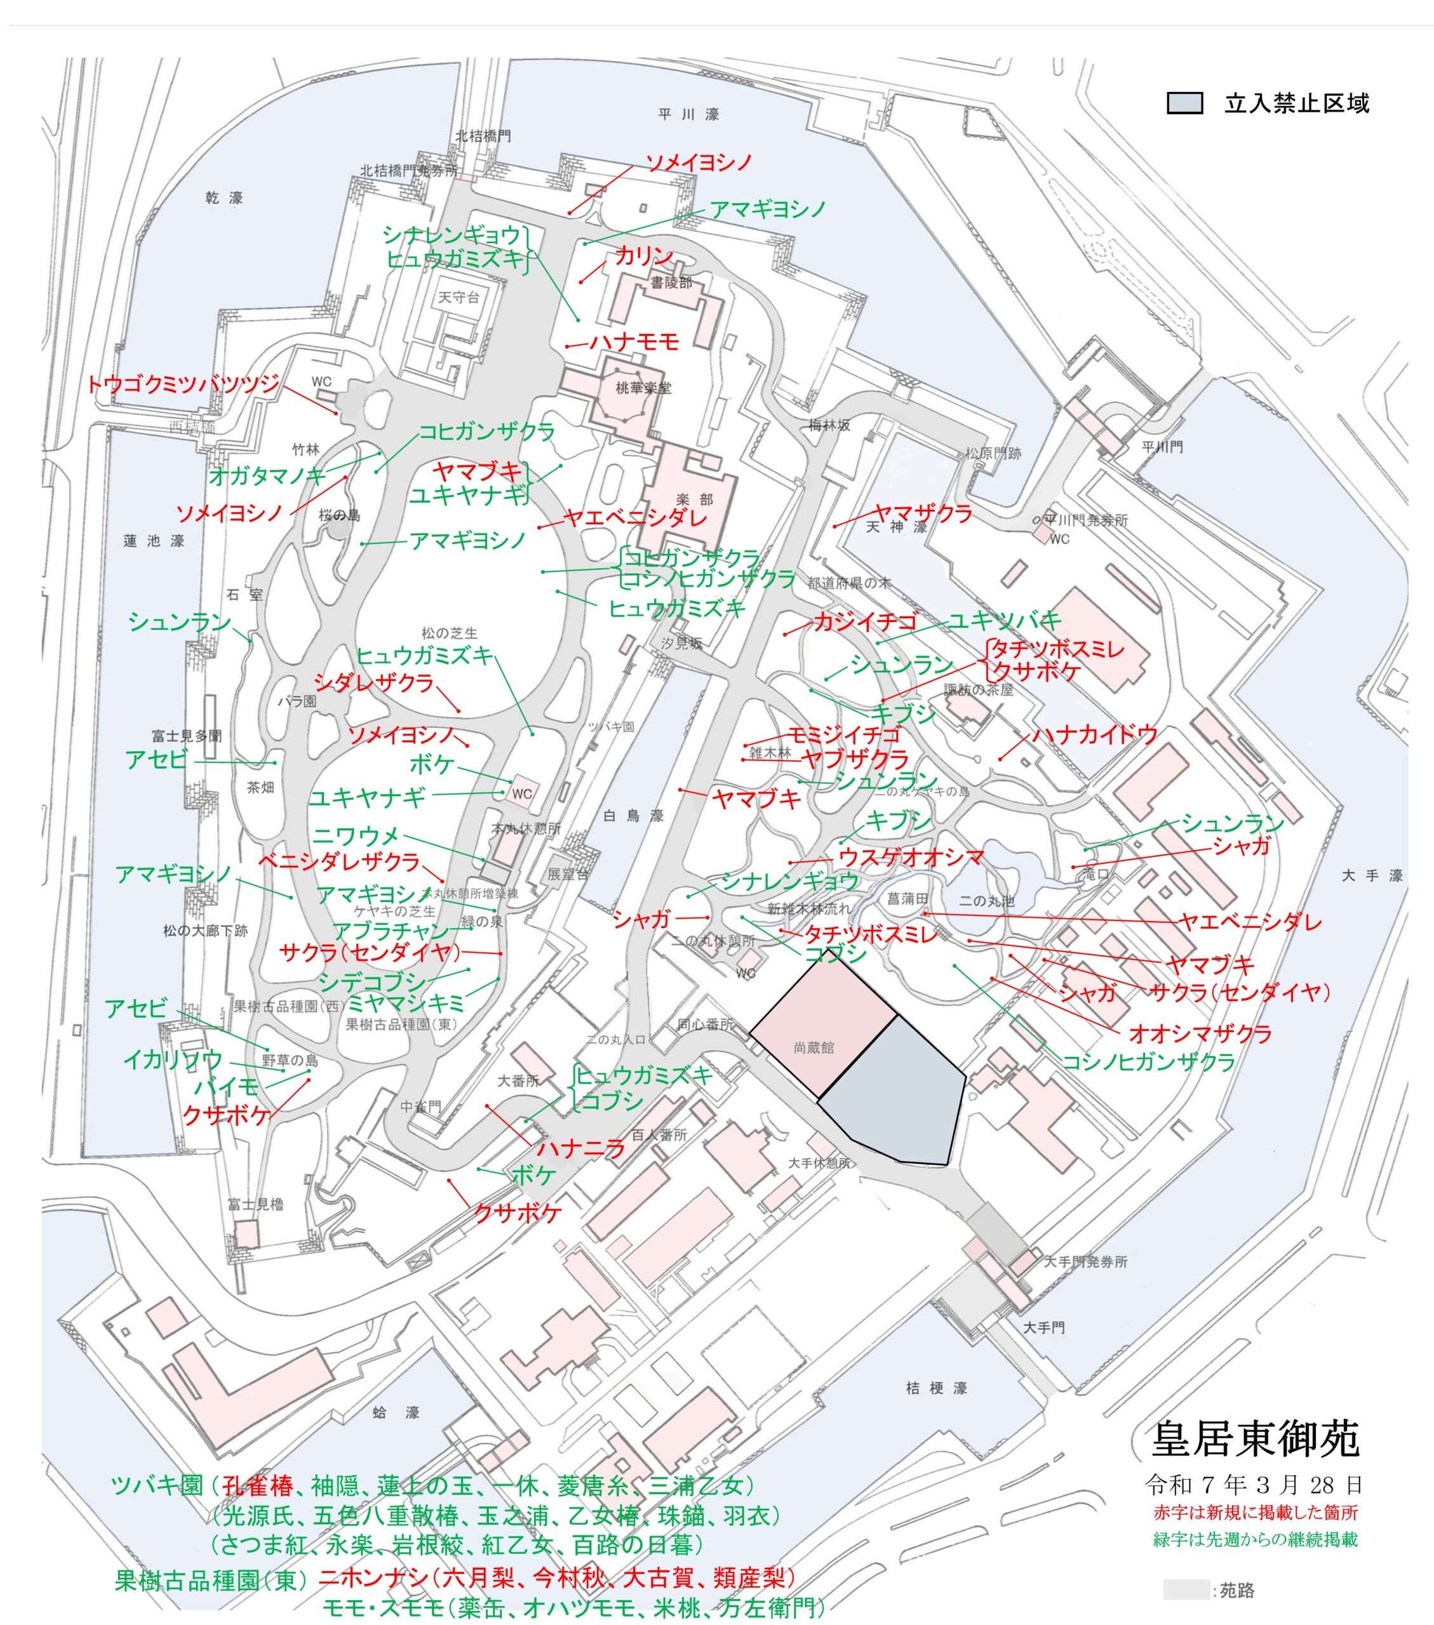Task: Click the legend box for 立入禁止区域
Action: click(x=1184, y=103)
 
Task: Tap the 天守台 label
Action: click(x=459, y=297)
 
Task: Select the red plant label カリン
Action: click(x=643, y=256)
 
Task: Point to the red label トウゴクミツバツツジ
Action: click(x=183, y=385)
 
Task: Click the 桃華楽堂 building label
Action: click(x=643, y=388)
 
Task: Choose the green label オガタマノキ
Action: click(x=267, y=476)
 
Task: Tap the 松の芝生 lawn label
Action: click(x=450, y=633)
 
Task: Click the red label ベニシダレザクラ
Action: click(x=339, y=861)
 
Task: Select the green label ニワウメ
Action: click(x=356, y=837)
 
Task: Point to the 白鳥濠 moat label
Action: click(x=633, y=816)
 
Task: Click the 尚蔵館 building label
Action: click(x=814, y=1048)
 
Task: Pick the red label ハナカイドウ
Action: click(x=1094, y=734)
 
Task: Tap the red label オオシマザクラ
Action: click(x=1200, y=1033)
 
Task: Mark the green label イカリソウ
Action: click(x=173, y=1060)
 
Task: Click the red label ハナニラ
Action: click(x=581, y=1149)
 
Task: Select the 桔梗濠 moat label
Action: click(x=936, y=1388)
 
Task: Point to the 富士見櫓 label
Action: click(x=255, y=1204)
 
